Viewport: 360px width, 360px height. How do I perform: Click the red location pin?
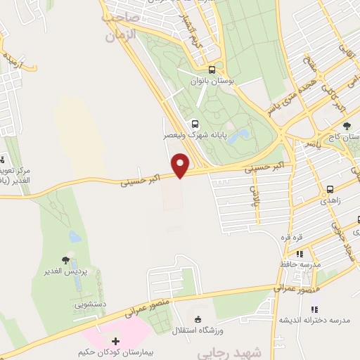point(181,165)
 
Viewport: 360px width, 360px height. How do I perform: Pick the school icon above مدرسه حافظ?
point(300,254)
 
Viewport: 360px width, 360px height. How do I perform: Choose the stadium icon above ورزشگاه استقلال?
point(198,321)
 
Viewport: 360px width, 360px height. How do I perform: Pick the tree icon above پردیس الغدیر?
point(65,261)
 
